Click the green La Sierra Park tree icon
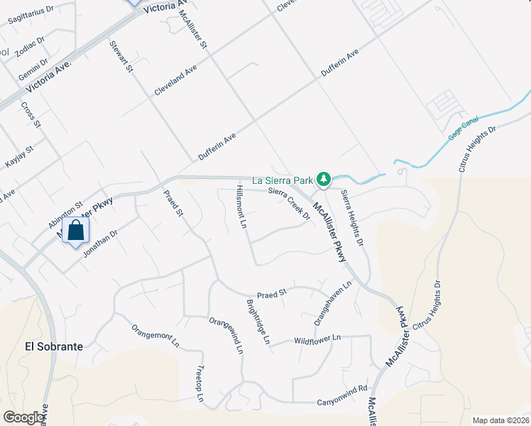(x=324, y=179)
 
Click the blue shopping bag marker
(x=75, y=231)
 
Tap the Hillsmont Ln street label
(x=241, y=206)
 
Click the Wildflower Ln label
(x=318, y=339)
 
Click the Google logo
(x=23, y=417)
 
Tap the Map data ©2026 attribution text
(x=500, y=420)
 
